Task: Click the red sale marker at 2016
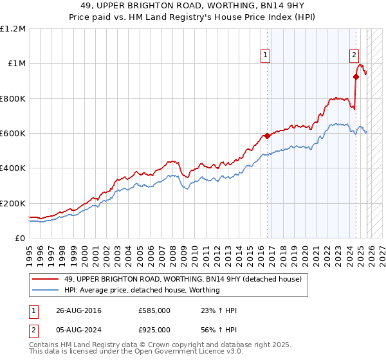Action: click(267, 136)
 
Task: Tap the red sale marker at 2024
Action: click(355, 76)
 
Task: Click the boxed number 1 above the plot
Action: click(266, 56)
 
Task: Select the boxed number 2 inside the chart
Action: click(354, 56)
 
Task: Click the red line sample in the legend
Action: click(46, 279)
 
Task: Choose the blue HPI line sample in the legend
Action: click(46, 290)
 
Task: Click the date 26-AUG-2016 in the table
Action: click(78, 310)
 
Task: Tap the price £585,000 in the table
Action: click(154, 310)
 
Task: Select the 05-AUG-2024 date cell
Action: click(78, 331)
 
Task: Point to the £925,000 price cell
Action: click(154, 331)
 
